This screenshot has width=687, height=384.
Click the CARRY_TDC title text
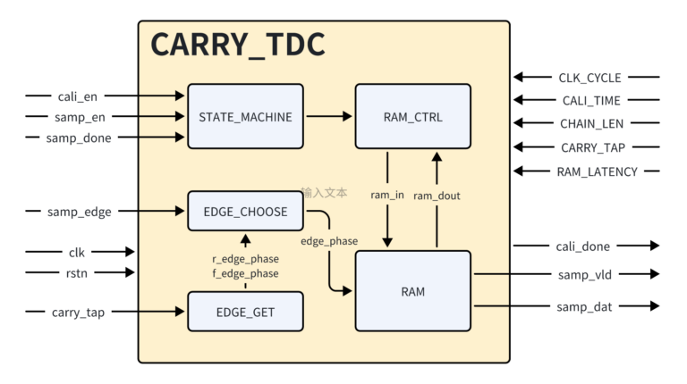point(237,46)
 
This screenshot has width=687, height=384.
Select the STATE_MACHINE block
point(245,116)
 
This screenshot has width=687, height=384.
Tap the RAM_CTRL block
point(412,116)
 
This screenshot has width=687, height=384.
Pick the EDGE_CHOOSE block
point(245,212)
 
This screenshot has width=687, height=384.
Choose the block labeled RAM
point(412,291)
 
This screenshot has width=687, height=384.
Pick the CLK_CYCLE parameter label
point(589,79)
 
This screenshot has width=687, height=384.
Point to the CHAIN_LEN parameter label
point(591,125)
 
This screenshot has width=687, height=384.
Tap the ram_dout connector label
point(437,196)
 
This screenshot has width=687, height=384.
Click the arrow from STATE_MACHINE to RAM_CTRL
point(328,116)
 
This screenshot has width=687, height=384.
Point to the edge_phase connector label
point(328,241)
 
